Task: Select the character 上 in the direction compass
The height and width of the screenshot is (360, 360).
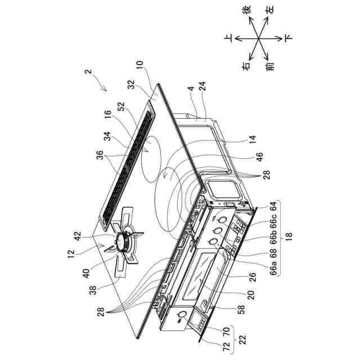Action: tap(228, 38)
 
